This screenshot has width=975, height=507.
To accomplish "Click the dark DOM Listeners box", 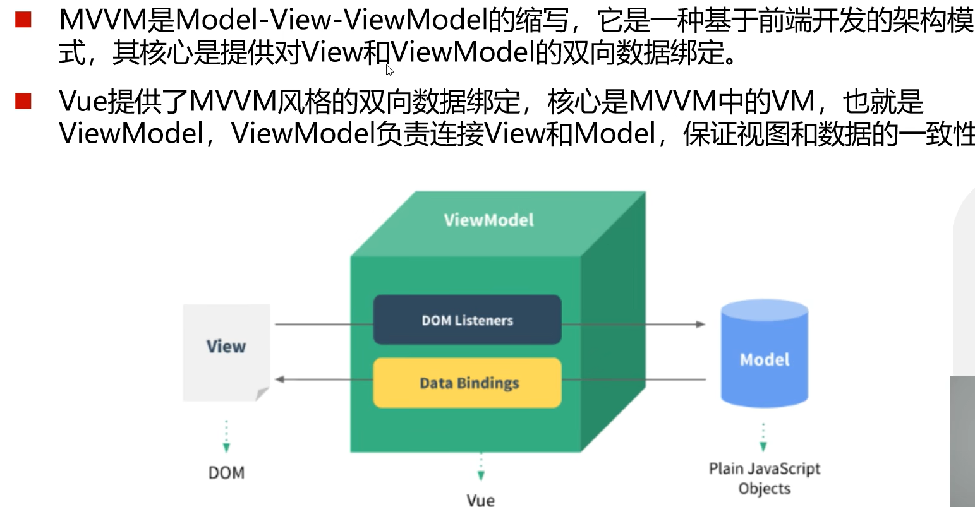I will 467,320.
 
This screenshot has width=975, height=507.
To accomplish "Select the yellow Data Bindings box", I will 467,383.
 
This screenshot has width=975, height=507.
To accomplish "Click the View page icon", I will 226,347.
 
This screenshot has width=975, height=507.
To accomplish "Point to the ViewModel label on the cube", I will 488,220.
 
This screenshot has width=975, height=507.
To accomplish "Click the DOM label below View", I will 226,473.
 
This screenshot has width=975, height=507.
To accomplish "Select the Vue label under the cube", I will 480,500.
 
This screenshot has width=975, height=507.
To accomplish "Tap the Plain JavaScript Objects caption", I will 765,479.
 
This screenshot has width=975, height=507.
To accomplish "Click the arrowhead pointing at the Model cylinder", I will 700,324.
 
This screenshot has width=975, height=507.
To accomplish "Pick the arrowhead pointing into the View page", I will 280,379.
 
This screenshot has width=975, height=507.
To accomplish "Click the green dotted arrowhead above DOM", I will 226,448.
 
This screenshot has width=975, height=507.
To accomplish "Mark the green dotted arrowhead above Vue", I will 481,476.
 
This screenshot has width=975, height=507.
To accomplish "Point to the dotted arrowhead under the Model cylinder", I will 763,446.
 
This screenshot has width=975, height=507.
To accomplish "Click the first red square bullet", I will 23,20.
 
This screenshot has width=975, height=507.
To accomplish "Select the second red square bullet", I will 23,101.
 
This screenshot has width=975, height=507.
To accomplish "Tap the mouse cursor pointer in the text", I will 389,69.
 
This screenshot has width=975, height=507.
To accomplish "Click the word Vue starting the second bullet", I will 83,101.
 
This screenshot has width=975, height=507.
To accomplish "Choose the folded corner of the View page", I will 262,394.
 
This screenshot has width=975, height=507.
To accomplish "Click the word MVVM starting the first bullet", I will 102,21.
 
